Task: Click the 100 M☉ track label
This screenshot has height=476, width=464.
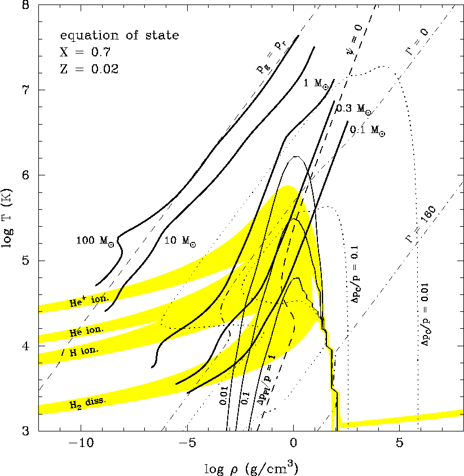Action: (95, 241)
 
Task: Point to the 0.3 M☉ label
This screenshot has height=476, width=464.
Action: (353, 109)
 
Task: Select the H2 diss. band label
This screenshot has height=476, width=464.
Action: (88, 402)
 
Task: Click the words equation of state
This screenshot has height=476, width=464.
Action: (120, 35)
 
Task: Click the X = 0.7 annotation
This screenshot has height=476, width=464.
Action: (85, 52)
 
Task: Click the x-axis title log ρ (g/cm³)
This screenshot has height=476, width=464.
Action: (251, 467)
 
